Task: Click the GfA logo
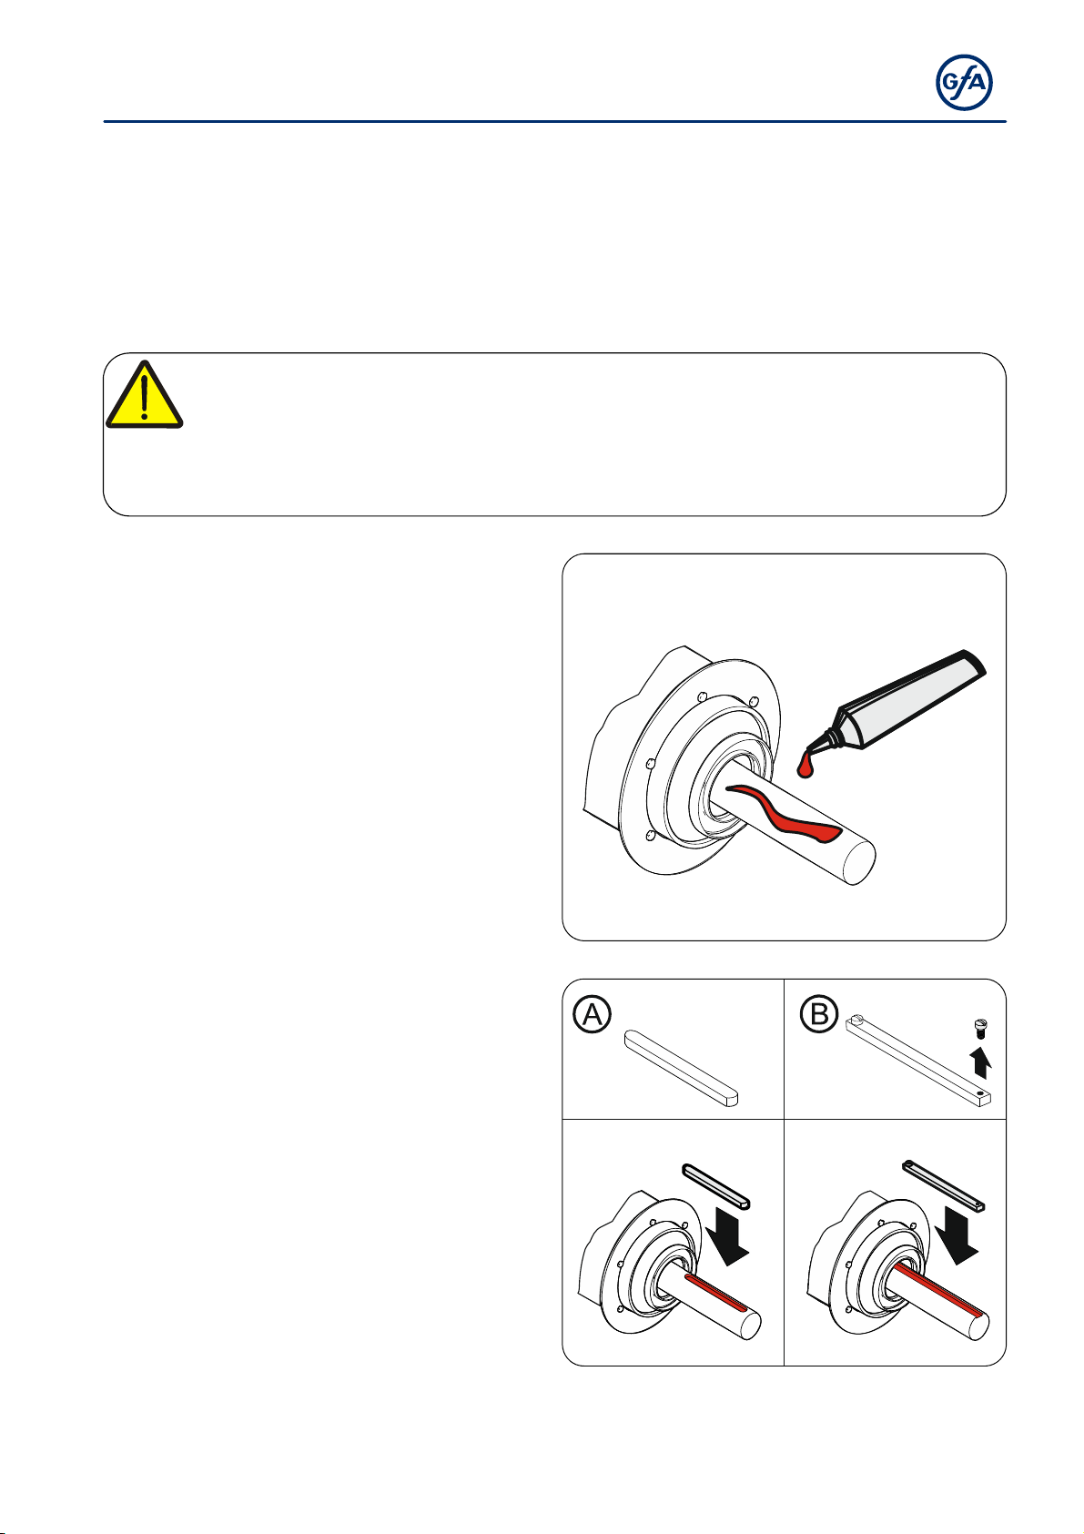point(964,82)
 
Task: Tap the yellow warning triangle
point(144,397)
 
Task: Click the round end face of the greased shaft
point(858,862)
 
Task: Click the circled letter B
point(819,1013)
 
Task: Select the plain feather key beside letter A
point(682,1068)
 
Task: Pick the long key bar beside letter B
point(918,1060)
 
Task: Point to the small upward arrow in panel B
point(982,1062)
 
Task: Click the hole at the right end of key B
point(981,1093)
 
